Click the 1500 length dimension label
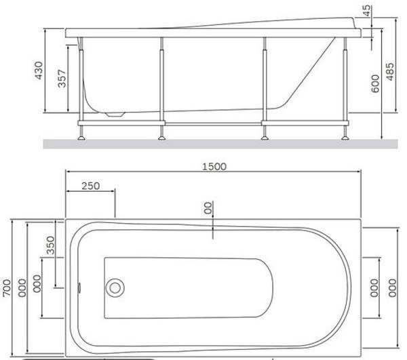pos(214,167)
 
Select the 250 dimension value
pos(91,186)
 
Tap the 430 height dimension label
pos(39,71)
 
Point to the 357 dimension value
pos(62,79)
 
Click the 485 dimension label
pos(389,72)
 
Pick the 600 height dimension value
pos(375,83)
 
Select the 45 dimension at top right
pos(366,11)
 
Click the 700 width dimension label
pos(7,287)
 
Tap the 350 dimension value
pos(50,245)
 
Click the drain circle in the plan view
pos(115,288)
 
